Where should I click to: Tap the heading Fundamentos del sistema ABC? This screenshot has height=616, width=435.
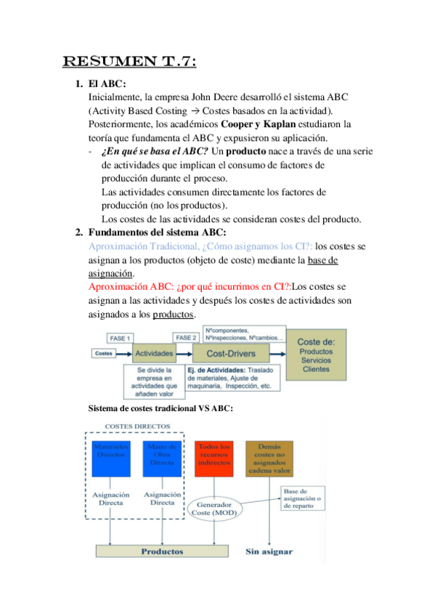click(x=156, y=232)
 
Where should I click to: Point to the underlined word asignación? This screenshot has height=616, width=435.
click(x=110, y=273)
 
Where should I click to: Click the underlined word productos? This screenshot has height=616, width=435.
click(x=174, y=314)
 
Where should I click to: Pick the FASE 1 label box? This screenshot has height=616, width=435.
click(x=120, y=339)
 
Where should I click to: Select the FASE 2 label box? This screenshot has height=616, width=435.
click(x=185, y=339)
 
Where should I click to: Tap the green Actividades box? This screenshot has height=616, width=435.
click(x=155, y=354)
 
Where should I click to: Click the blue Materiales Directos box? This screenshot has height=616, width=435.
click(x=110, y=458)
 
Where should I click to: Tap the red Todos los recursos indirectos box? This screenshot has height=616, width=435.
click(x=214, y=458)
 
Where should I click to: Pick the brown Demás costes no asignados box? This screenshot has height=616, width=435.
click(x=269, y=458)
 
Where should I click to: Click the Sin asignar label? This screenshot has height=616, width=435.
click(x=269, y=551)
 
